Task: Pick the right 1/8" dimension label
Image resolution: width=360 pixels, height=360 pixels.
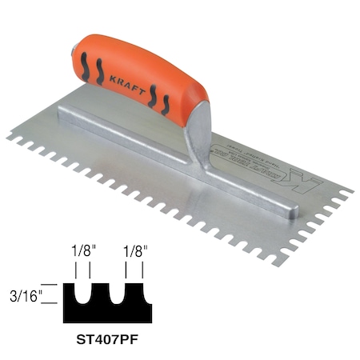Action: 134,252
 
